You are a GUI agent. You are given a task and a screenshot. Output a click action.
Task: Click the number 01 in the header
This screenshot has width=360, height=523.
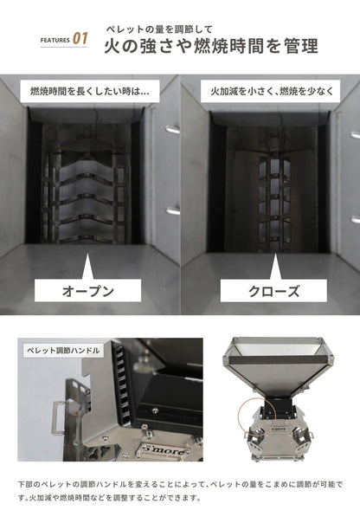(80, 39)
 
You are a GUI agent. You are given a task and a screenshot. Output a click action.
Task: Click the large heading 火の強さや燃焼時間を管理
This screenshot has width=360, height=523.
(210, 45)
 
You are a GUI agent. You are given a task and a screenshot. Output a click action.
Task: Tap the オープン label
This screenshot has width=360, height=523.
(89, 291)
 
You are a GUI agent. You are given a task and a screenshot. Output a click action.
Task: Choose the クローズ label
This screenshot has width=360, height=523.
(270, 291)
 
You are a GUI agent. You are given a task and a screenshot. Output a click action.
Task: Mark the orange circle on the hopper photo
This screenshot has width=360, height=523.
(249, 414)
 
